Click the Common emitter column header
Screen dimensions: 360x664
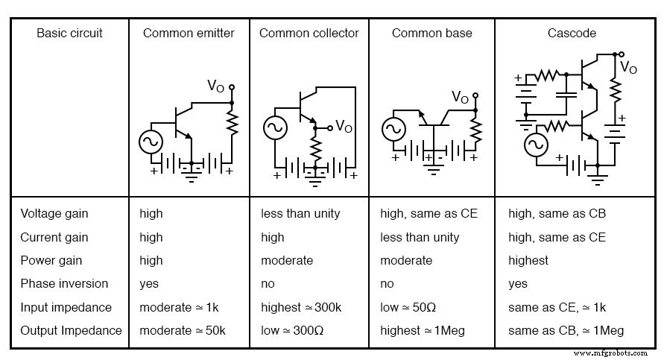189,33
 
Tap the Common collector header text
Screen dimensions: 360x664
309,33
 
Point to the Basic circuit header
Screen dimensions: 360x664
69,33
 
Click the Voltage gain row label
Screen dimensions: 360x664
54,213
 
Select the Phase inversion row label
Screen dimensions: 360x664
64,283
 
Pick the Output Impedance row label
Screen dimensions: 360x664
71,330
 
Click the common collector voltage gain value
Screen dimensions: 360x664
300,213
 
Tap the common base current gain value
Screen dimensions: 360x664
420,237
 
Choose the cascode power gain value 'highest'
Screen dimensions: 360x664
528,260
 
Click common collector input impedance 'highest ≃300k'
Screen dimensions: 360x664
301,307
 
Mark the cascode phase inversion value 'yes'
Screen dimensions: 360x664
518,283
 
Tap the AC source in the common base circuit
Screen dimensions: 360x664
393,130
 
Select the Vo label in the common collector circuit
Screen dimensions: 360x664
344,126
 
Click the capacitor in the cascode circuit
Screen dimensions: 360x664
568,95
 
